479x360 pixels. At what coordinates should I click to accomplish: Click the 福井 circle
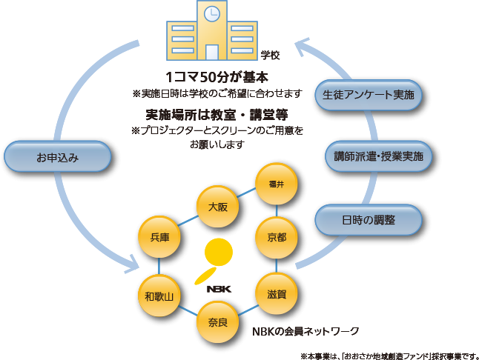coord(276,184)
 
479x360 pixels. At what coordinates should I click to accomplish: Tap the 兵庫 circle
coord(159,238)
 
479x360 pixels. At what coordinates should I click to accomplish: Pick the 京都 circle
coord(277,238)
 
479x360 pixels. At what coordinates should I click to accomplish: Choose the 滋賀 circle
coord(277,294)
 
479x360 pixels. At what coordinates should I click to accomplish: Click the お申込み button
coord(57,157)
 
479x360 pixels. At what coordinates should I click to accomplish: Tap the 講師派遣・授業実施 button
coord(378,156)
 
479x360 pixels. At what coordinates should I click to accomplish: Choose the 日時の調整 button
coord(369,220)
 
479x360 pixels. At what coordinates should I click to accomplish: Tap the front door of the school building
coord(212,51)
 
